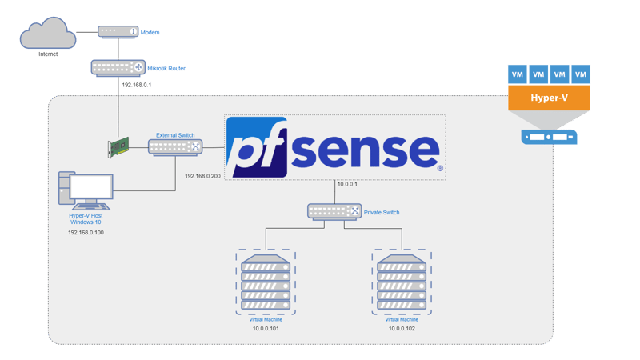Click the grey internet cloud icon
[48, 35]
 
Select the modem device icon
[117, 31]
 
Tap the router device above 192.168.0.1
[118, 68]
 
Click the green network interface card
[118, 147]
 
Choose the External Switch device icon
[175, 146]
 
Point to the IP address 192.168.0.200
[202, 175]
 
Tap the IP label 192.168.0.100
[86, 232]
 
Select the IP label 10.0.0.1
[347, 185]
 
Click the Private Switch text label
[381, 212]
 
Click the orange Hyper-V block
[550, 98]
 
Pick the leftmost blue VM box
[518, 74]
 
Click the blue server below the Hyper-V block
[550, 138]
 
